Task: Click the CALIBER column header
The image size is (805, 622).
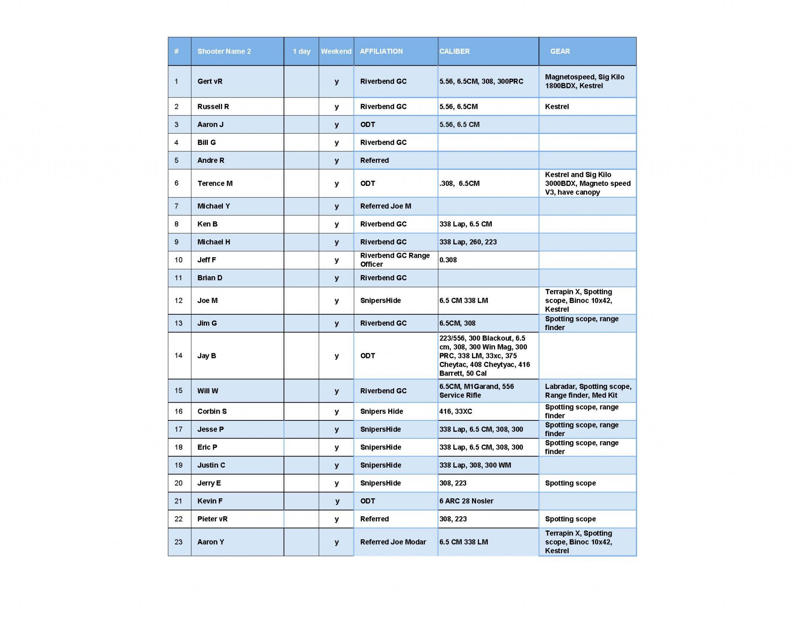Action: [454, 51]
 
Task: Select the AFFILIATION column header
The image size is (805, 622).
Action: [381, 51]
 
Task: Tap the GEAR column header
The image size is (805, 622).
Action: [560, 51]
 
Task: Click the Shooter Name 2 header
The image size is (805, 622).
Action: [224, 51]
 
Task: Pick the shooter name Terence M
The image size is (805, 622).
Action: [215, 183]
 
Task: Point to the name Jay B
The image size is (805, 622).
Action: [206, 356]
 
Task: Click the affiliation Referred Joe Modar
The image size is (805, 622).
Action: [393, 542]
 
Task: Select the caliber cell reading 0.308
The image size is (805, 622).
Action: [448, 260]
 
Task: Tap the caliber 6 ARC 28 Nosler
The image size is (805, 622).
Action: [466, 501]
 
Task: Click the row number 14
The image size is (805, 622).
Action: [178, 356]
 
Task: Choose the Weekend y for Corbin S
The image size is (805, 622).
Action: [336, 411]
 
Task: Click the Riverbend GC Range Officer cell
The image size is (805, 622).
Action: [395, 260]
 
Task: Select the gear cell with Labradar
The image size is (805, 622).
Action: [588, 391]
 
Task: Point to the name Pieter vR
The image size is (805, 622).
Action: [212, 519]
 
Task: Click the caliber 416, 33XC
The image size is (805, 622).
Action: [456, 411]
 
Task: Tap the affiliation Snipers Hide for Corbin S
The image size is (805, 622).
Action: [381, 411]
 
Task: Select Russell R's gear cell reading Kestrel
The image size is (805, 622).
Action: [557, 106]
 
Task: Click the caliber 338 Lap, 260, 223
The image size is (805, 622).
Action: [468, 242]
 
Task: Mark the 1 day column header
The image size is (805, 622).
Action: [301, 51]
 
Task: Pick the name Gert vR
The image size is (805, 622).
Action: [210, 81]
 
